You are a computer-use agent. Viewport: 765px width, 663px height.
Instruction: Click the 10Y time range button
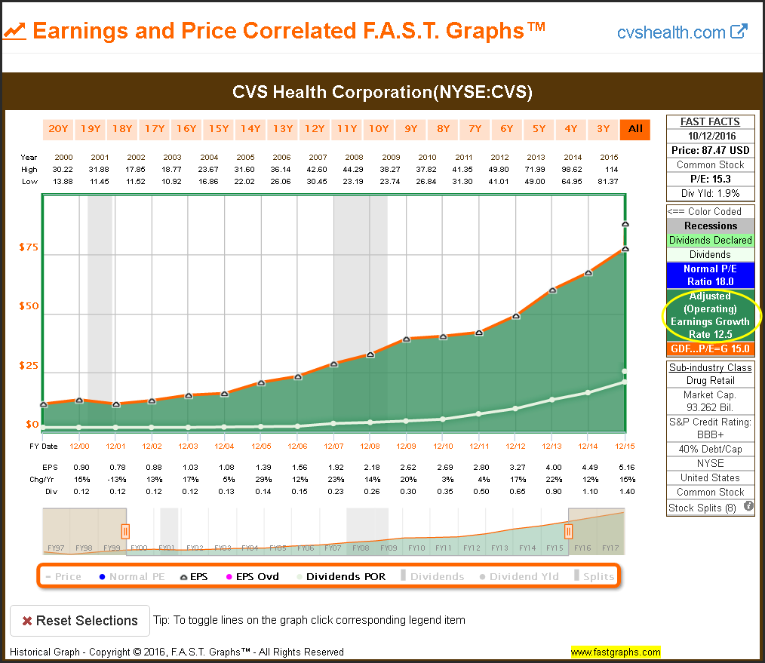coord(379,128)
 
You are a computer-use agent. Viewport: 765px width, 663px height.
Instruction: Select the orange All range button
coord(635,128)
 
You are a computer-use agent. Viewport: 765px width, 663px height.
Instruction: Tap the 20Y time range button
coord(58,128)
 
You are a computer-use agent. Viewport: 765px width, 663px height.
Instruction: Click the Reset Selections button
coord(79,621)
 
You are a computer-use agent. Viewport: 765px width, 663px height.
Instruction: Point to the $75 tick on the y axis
coord(29,247)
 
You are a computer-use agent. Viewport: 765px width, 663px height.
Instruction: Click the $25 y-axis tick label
coord(29,366)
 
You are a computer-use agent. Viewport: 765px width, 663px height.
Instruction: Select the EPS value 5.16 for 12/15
coord(624,468)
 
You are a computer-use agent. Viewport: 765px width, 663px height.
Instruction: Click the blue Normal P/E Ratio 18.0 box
coord(709,275)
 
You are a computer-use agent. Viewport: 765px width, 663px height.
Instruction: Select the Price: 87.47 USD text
coord(710,151)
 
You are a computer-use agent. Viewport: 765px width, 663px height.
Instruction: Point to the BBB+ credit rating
coord(710,435)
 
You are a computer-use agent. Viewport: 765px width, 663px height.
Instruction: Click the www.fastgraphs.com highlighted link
coord(615,652)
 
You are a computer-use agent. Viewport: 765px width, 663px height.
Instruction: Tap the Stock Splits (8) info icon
coord(748,507)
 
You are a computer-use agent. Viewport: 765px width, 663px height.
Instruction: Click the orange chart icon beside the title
coord(15,31)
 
